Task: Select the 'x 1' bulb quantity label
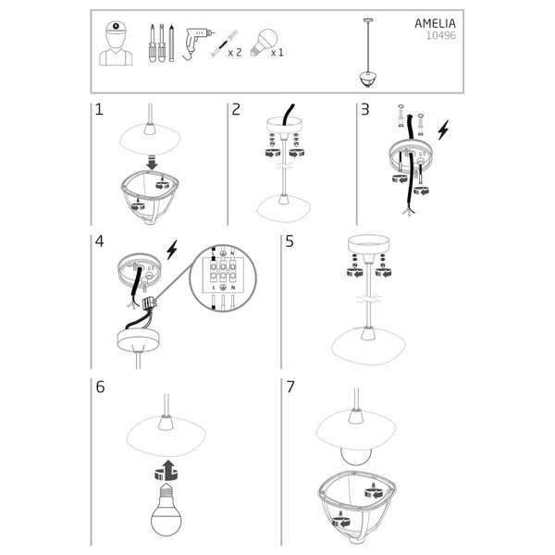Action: [277, 54]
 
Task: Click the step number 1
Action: [98, 110]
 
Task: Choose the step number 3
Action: [364, 110]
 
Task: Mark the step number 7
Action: [290, 387]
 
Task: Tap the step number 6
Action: [99, 387]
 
